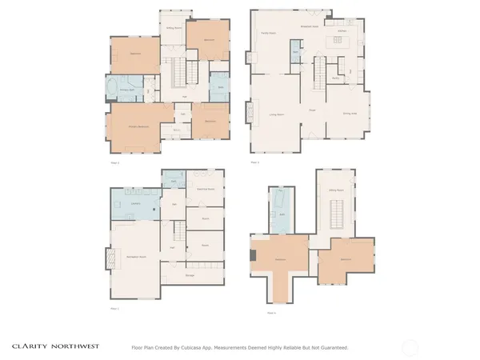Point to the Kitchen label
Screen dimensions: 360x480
[342, 30]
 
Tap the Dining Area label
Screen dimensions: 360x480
[350, 113]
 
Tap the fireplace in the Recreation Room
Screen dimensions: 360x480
[110, 259]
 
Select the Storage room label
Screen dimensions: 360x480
[190, 276]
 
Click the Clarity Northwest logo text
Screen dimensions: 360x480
[54, 346]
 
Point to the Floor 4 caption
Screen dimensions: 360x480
[271, 313]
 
